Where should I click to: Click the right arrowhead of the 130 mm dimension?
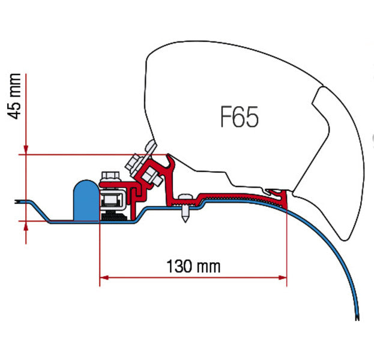click(283, 277)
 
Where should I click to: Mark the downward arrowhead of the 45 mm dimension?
click(26, 149)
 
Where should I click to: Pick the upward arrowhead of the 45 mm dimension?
click(26, 226)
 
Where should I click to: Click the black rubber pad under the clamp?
click(111, 215)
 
